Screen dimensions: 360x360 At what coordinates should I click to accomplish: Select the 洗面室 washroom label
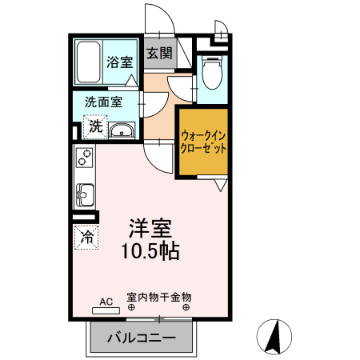[103, 102]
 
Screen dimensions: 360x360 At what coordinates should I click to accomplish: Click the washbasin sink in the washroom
[122, 131]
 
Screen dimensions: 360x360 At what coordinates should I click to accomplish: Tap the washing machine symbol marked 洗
[95, 126]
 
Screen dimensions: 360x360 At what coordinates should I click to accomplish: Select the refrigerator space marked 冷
[86, 237]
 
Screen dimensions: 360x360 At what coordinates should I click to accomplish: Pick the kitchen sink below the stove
[84, 194]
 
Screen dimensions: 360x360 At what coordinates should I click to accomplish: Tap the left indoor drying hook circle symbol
[131, 306]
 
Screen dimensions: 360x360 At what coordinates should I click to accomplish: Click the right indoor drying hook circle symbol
[186, 306]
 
